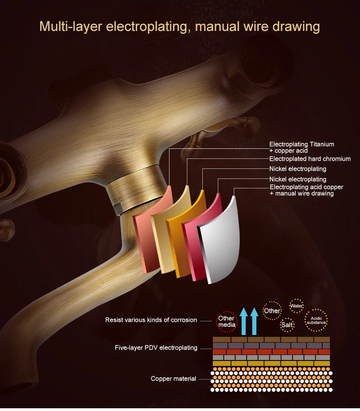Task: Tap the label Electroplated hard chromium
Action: (310, 159)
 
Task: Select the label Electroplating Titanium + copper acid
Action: (301, 147)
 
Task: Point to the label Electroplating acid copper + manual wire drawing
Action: (306, 190)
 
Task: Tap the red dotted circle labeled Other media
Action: (226, 321)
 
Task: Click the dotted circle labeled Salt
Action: (287, 325)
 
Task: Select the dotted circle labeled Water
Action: (297, 306)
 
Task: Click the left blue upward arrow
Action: (244, 321)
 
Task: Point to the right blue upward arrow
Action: (254, 321)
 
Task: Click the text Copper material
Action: (173, 379)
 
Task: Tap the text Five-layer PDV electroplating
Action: (156, 348)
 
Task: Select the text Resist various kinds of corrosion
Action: (151, 320)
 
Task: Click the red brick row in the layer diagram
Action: (271, 352)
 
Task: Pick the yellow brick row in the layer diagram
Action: (271, 363)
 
